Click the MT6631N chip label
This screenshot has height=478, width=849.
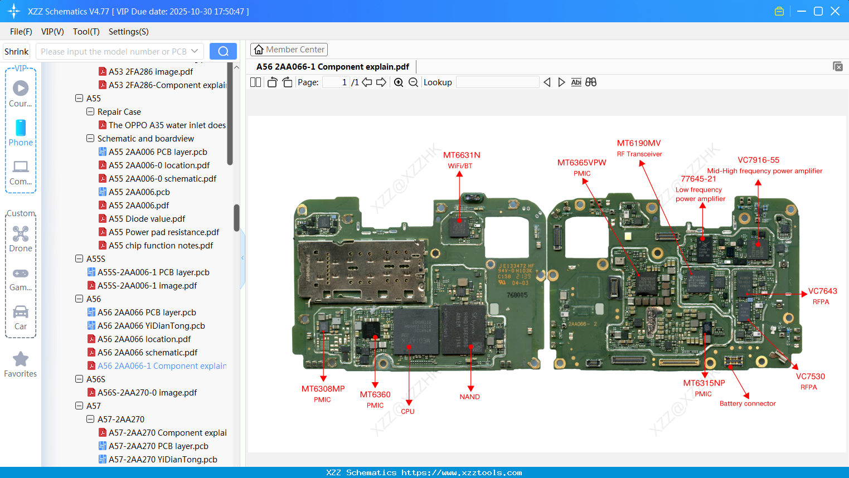(461, 155)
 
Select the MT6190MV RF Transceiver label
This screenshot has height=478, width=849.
(639, 144)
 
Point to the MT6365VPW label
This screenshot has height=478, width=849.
(581, 163)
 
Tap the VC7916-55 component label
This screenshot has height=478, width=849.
(758, 160)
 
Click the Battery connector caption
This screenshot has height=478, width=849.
(747, 403)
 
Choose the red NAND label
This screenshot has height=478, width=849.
(469, 397)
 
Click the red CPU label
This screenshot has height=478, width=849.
(407, 411)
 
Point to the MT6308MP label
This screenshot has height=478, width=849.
(323, 389)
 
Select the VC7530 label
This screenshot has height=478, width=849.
(810, 377)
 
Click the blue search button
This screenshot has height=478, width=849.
(223, 51)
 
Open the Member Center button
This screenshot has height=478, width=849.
(289, 50)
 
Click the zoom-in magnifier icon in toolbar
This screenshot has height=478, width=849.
(399, 82)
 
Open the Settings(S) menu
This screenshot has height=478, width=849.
(128, 32)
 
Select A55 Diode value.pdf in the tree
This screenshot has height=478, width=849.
(147, 219)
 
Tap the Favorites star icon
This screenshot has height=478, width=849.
(21, 359)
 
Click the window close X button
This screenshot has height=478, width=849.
(835, 11)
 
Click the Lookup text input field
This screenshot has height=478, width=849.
(497, 82)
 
